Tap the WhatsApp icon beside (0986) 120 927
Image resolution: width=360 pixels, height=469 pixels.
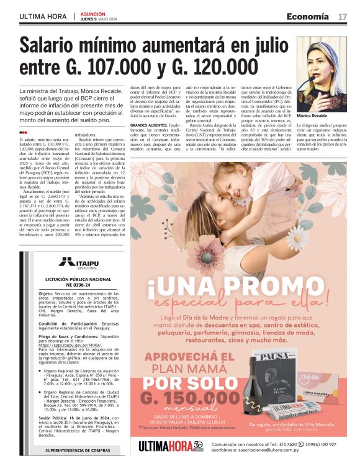tap(293, 444)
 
